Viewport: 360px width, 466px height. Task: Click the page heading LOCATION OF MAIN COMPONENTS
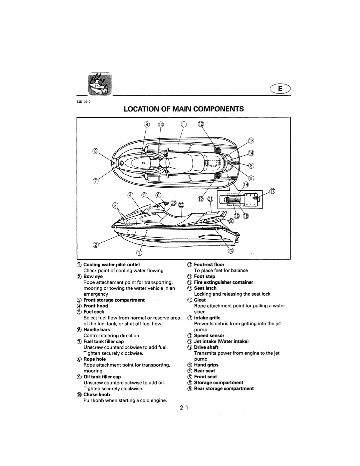[184, 109]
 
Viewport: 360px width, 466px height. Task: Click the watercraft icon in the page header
[100, 84]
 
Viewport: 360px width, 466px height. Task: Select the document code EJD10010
[84, 102]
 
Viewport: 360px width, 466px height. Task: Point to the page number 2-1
[184, 407]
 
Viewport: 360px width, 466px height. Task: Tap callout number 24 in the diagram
[231, 251]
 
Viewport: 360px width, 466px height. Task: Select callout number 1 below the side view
[139, 253]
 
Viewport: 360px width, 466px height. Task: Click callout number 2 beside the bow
[96, 245]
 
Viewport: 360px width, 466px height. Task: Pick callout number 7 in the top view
[95, 181]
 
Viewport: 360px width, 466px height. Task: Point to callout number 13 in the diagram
[251, 141]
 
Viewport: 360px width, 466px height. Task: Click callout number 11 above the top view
[184, 124]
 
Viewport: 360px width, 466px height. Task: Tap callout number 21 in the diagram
[210, 199]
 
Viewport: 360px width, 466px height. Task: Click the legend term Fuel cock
[94, 312]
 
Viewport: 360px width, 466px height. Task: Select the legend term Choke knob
[96, 395]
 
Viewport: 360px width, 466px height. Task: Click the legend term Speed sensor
[209, 335]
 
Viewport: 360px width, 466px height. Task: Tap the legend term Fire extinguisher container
[224, 282]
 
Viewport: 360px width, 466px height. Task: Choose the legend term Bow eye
[93, 277]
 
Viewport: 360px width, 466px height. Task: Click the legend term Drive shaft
[206, 347]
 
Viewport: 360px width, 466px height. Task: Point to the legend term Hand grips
[206, 365]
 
